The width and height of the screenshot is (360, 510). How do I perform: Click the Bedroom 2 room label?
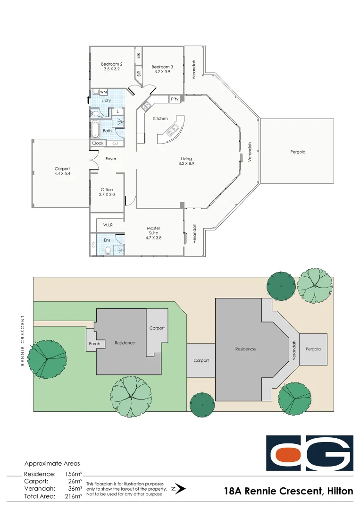click(112, 64)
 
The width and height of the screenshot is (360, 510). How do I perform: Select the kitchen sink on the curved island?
click(172, 129)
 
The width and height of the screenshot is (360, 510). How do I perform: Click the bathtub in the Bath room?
click(95, 129)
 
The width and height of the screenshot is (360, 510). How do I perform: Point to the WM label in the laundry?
click(103, 92)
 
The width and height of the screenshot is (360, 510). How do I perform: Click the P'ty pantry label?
click(175, 99)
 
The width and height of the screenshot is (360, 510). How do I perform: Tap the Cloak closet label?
click(98, 143)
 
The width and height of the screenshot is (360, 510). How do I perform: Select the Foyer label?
click(111, 159)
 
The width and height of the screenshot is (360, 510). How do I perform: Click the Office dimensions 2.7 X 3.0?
click(107, 195)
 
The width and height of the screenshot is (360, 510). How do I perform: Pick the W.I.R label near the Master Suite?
click(108, 225)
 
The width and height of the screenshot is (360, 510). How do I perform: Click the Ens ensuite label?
click(107, 240)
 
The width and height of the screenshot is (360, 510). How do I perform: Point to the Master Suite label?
click(153, 231)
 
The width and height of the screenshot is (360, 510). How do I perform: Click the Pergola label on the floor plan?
click(298, 152)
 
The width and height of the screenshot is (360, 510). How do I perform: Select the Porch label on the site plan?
click(95, 344)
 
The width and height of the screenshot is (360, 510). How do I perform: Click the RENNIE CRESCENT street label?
click(22, 340)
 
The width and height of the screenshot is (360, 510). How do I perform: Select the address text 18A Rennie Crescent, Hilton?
click(289, 491)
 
